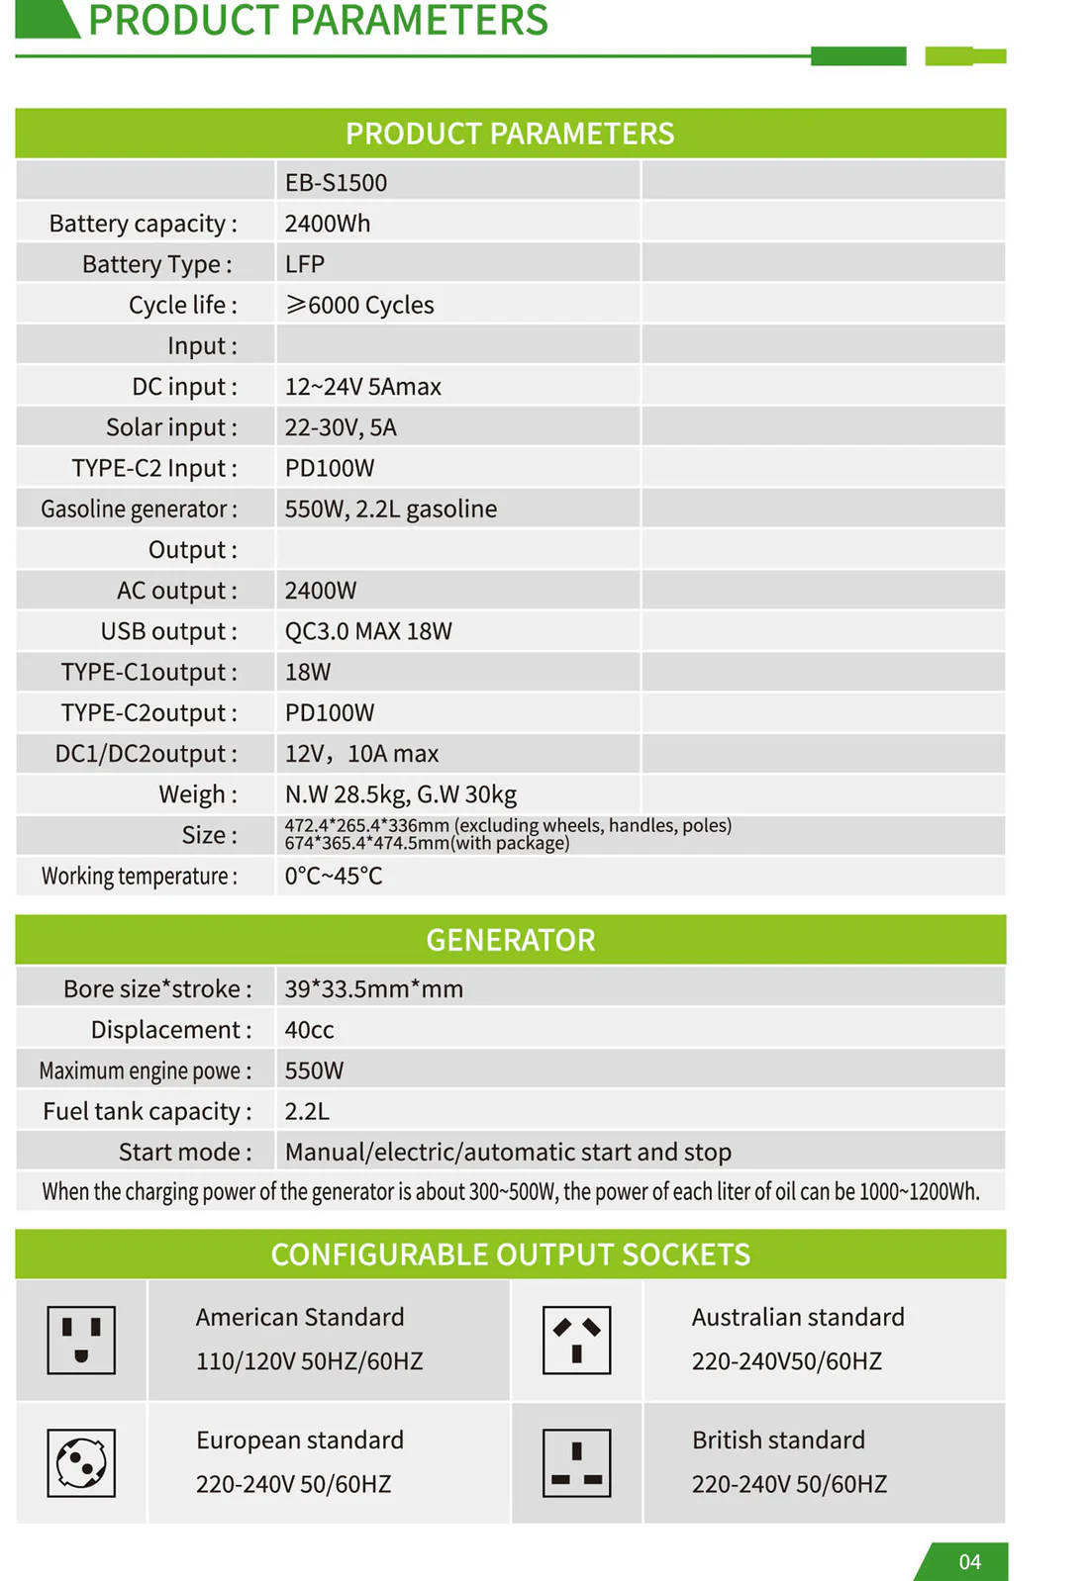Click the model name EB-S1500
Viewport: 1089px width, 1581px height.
click(336, 183)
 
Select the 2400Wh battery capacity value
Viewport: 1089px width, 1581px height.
click(327, 224)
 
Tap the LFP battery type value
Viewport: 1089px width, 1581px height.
click(304, 264)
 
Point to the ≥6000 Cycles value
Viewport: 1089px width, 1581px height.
click(359, 305)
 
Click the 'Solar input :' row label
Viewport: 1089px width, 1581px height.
click(171, 427)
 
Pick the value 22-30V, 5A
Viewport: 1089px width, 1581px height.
click(340, 427)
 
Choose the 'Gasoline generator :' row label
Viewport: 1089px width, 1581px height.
click(139, 509)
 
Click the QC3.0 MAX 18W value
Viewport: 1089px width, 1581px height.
click(367, 631)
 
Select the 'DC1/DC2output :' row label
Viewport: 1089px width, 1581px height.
click(146, 754)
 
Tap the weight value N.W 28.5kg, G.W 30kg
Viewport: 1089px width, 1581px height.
click(400, 794)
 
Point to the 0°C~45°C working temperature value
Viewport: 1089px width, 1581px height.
click(333, 876)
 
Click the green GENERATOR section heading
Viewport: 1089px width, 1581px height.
click(510, 940)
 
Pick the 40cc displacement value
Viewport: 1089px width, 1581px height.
click(309, 1030)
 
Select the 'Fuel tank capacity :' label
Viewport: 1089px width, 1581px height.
click(147, 1111)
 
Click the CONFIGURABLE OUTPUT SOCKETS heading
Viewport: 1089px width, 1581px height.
click(510, 1255)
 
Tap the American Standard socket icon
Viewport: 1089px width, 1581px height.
click(81, 1341)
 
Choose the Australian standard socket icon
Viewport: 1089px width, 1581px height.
click(576, 1341)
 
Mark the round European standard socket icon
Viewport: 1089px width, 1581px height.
click(81, 1463)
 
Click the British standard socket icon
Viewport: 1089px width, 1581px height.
click(576, 1463)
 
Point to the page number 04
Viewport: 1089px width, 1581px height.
click(969, 1561)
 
